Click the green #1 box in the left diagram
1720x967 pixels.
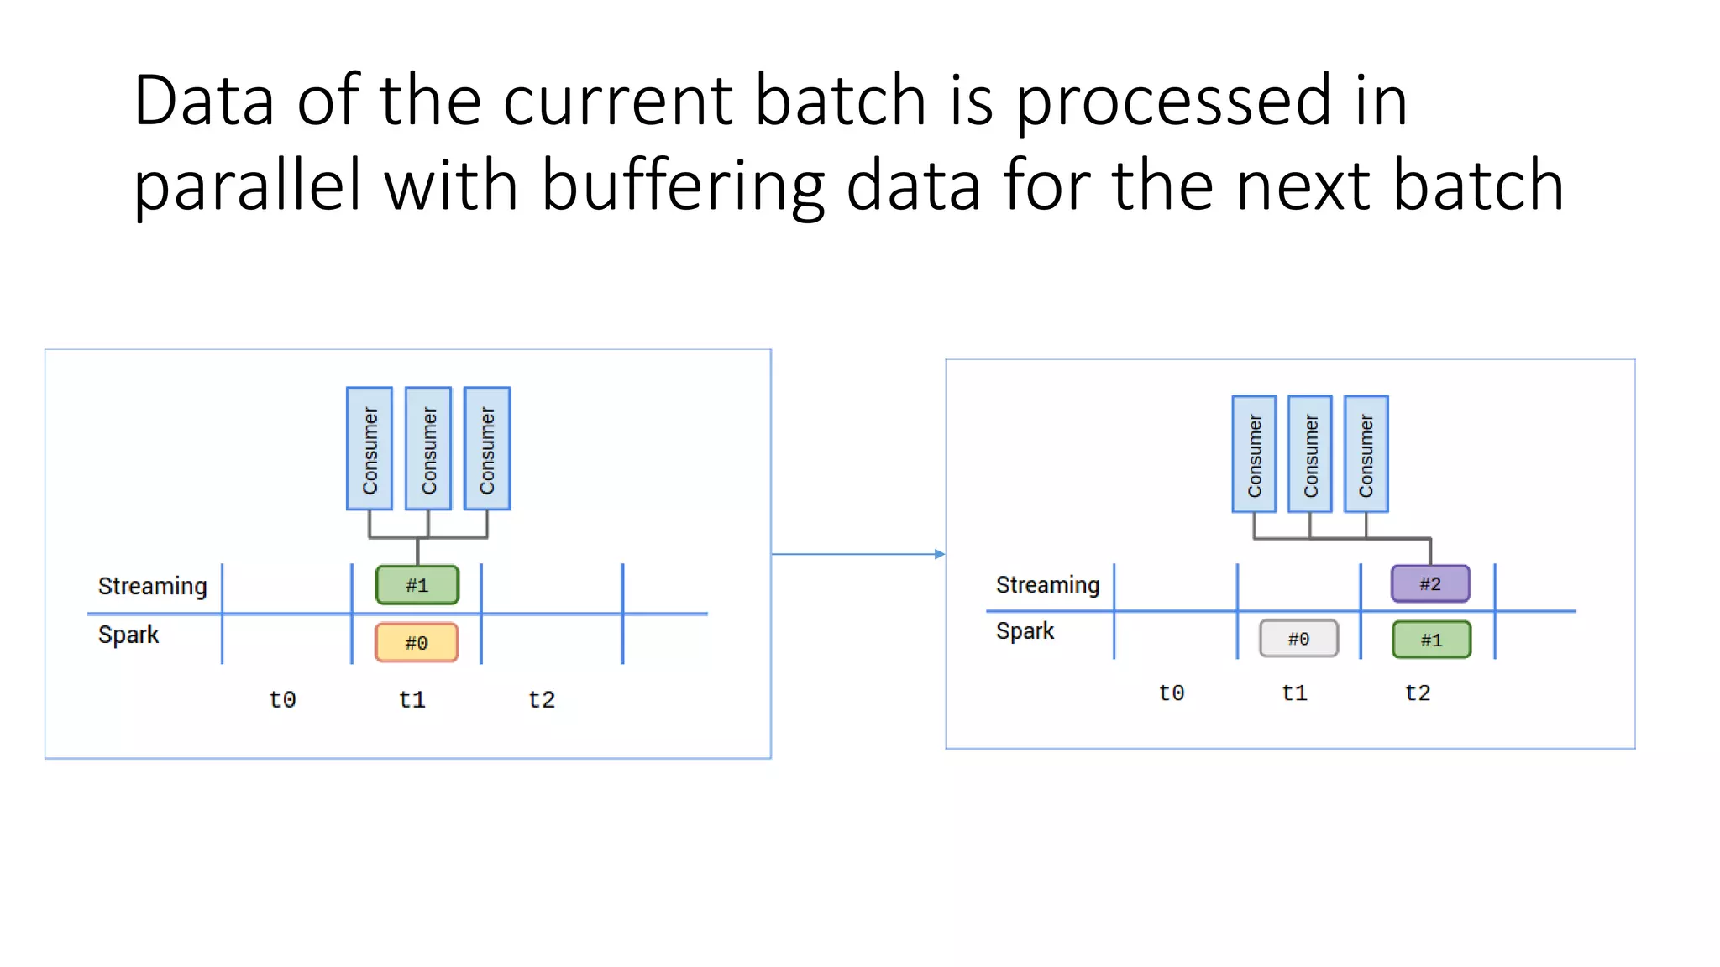(x=417, y=585)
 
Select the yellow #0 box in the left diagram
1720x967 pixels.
(x=417, y=642)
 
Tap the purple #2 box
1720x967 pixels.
(x=1430, y=583)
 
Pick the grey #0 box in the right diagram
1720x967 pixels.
(x=1298, y=639)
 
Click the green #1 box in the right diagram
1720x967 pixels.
(x=1431, y=640)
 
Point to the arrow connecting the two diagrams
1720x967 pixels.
(x=857, y=554)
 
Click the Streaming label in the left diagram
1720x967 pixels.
(x=152, y=586)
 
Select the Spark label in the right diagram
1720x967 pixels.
(x=1025, y=631)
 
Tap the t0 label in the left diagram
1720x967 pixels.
(x=282, y=699)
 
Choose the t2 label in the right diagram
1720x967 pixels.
(x=1418, y=693)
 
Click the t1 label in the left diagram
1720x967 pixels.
(x=412, y=699)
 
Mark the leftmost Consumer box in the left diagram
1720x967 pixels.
(x=370, y=449)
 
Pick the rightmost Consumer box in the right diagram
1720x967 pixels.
(x=1366, y=454)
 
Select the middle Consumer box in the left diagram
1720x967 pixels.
(x=428, y=449)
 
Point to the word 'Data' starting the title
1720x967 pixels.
(x=204, y=101)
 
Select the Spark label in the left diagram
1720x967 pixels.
(x=128, y=635)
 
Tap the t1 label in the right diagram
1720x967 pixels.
(x=1294, y=693)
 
